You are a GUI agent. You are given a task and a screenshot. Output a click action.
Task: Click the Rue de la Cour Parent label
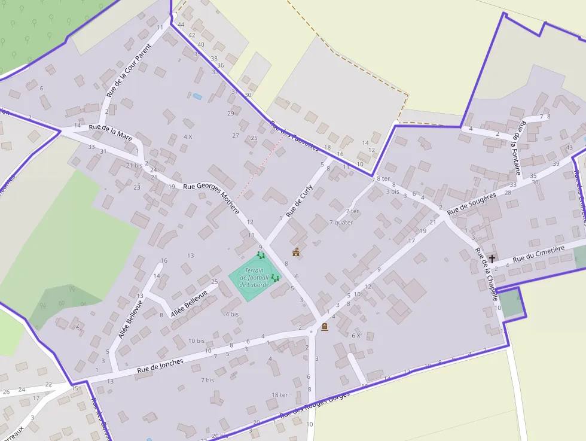[x=129, y=74]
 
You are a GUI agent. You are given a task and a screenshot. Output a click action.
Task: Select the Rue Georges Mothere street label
[x=210, y=198]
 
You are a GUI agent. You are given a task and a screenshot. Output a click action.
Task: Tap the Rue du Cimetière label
[x=538, y=254]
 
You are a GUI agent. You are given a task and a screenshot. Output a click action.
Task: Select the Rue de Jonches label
[x=160, y=366]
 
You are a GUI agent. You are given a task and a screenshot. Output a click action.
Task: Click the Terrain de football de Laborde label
[x=255, y=277]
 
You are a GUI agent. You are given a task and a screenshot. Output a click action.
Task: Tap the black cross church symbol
[x=492, y=259]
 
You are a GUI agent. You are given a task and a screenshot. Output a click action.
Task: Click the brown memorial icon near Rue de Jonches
[x=325, y=327]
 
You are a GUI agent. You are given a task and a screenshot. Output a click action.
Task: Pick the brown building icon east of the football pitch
[x=295, y=252]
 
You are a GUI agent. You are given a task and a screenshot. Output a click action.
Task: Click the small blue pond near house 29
[x=197, y=96]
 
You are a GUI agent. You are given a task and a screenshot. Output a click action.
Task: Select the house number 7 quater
[x=341, y=223]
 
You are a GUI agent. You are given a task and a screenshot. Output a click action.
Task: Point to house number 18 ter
[x=280, y=395]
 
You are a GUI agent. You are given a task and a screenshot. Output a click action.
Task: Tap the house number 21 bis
[x=135, y=165]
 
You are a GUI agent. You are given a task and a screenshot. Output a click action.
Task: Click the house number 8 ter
[x=383, y=179]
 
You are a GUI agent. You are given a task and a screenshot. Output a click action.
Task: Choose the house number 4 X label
[x=188, y=136]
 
